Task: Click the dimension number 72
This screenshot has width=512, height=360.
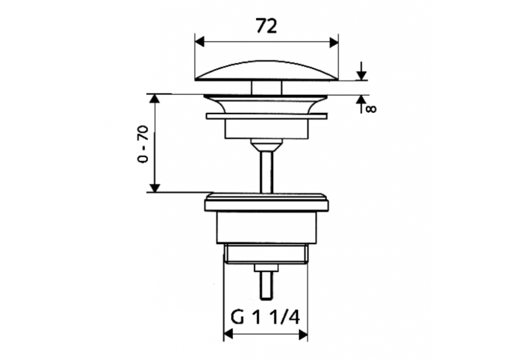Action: (x=266, y=26)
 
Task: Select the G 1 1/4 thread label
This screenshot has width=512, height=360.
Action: (x=265, y=317)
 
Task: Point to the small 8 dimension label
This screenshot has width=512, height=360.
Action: (x=371, y=108)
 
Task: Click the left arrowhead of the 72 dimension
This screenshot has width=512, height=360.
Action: (x=199, y=42)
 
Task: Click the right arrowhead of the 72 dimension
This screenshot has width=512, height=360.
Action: (x=334, y=42)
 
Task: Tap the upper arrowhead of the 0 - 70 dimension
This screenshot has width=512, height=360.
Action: (x=155, y=99)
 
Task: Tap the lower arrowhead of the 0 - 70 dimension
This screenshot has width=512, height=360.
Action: (x=155, y=187)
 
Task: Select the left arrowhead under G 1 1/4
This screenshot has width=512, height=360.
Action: (x=228, y=334)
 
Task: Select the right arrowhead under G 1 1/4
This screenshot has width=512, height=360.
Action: (x=303, y=334)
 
